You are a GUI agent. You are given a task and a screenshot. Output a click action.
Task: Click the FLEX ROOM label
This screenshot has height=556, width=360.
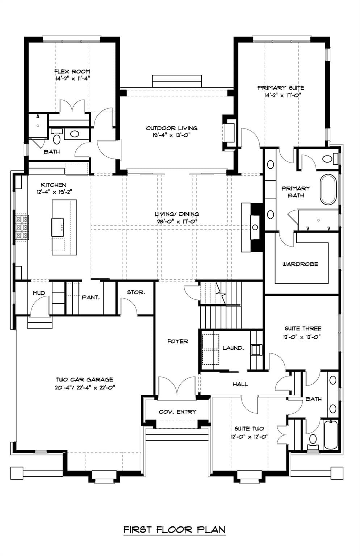(72, 72)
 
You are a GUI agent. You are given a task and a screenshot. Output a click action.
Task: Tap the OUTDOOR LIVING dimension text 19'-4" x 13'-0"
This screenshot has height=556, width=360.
(171, 135)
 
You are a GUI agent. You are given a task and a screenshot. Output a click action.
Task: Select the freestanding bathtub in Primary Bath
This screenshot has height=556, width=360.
(328, 190)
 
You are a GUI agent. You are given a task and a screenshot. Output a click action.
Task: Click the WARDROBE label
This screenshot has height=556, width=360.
(300, 264)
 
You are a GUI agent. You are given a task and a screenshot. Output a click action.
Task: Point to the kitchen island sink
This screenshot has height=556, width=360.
(58, 227)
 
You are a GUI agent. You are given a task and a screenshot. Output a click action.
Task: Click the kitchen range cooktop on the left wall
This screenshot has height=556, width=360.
(21, 227)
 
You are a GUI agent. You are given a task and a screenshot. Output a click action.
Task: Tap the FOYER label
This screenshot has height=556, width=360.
(177, 341)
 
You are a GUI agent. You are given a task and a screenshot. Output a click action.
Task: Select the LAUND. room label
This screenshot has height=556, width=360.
(233, 348)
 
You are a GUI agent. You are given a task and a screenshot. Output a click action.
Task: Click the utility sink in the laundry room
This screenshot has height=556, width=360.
(256, 350)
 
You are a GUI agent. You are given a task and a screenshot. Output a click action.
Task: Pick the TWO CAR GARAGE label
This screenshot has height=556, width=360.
(84, 380)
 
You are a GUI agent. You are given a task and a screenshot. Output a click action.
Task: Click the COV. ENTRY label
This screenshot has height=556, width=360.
(177, 412)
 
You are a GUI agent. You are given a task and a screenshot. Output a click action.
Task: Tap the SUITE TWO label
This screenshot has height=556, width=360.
(249, 429)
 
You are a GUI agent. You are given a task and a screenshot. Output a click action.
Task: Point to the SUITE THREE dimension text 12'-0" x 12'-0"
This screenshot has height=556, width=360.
(302, 337)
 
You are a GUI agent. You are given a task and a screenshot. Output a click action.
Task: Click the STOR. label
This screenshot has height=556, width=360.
(136, 292)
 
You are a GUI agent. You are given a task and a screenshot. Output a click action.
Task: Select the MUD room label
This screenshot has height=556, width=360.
(39, 293)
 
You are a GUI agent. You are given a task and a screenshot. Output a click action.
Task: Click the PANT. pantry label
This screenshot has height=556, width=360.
(91, 297)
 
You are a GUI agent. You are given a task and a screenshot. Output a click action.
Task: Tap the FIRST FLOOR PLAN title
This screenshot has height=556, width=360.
(174, 530)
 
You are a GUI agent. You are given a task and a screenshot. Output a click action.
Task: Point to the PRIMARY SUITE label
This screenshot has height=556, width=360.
(281, 88)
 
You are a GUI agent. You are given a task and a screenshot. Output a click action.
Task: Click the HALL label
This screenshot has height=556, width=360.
(240, 384)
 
